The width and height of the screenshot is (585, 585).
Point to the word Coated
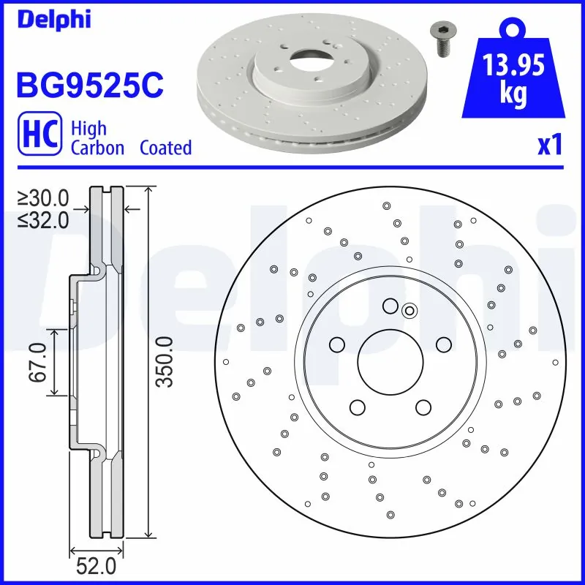pos(165,148)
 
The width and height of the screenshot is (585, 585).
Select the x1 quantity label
pos(550,146)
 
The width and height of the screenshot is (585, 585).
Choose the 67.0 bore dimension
pos(39,361)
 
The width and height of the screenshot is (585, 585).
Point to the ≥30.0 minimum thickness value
pos(43,197)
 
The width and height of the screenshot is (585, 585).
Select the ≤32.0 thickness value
pos(43,219)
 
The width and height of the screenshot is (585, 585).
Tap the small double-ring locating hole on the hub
pos(409,311)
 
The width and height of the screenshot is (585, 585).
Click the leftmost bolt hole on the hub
pos(337,344)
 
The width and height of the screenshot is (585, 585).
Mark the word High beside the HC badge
pos(88,129)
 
